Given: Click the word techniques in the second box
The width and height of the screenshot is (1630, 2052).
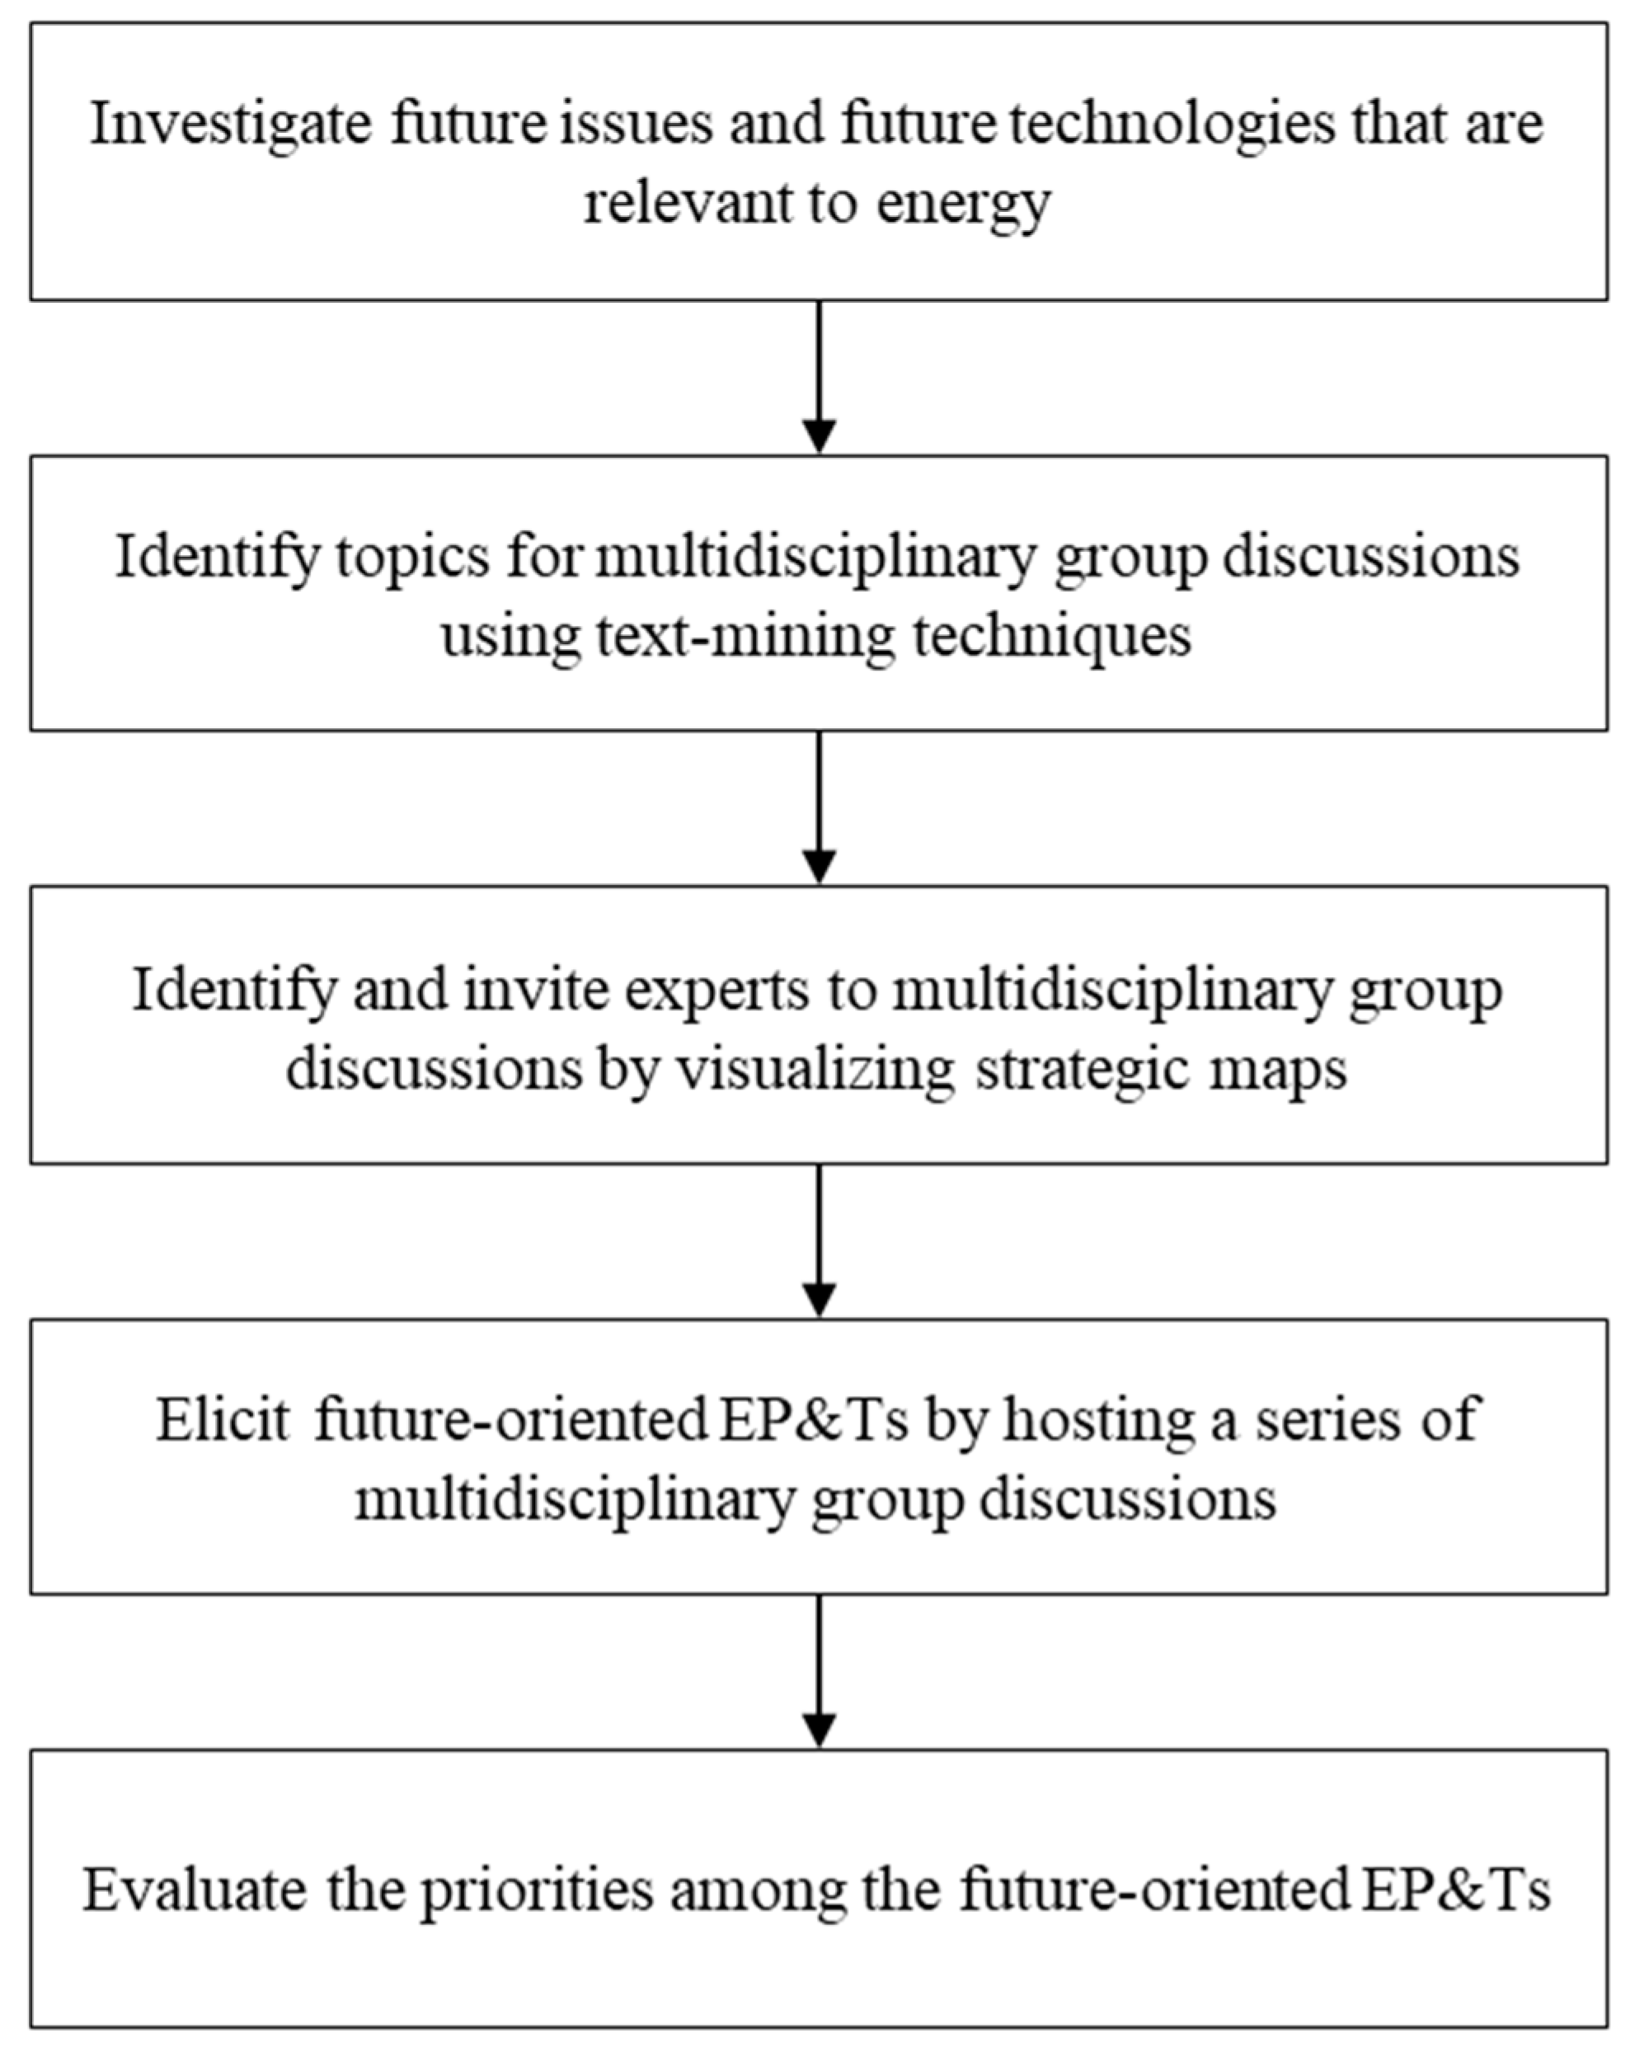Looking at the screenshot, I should click(1051, 636).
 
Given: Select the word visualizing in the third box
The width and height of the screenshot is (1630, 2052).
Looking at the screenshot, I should click(815, 1069).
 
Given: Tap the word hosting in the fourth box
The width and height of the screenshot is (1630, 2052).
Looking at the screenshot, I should click(1098, 1420).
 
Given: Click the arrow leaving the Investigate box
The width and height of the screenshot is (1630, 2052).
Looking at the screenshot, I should click(820, 377).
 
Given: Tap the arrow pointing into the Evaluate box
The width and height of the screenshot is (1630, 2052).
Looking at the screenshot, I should click(820, 1671).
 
